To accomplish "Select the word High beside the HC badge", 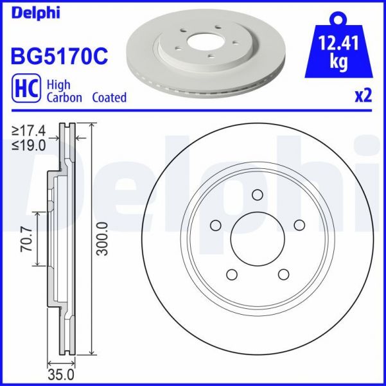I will click(58, 84).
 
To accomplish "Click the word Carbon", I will click(65, 98).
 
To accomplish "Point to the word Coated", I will click(109, 98).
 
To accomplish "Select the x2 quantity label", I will click(364, 96).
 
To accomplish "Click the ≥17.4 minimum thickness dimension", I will click(29, 131).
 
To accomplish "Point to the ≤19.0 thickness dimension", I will click(29, 145).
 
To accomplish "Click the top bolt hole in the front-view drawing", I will click(258, 196).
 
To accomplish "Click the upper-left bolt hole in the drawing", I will click(215, 225).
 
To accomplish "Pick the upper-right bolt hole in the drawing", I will click(299, 225).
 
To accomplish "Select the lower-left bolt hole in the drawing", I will click(231, 275).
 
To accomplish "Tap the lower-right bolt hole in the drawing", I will click(283, 275).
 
